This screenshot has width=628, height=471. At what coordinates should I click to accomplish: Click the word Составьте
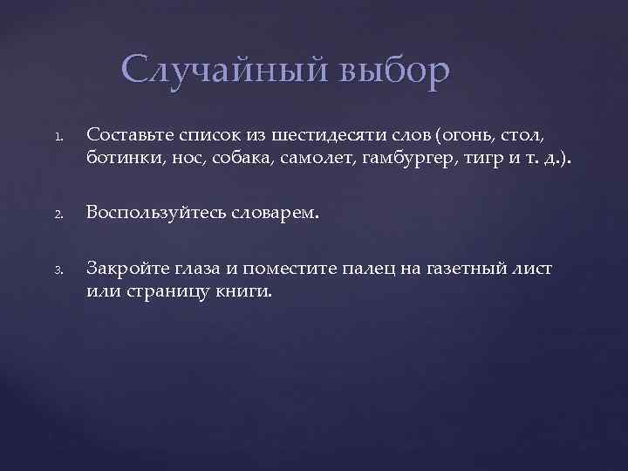(131, 134)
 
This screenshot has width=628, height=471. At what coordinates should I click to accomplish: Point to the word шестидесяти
(315, 134)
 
